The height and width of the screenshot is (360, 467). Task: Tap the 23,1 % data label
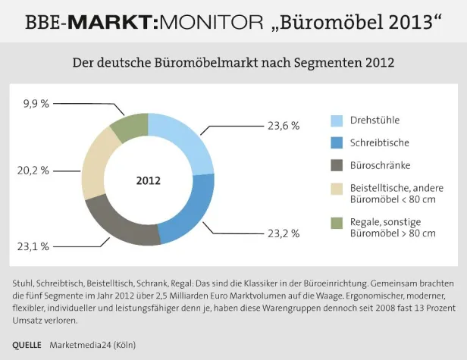point(33,246)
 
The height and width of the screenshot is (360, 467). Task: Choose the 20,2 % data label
point(33,171)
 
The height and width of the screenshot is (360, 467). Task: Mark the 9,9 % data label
point(36,102)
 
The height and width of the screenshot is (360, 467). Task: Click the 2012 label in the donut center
point(148,181)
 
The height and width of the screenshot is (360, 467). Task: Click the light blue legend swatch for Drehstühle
point(337,120)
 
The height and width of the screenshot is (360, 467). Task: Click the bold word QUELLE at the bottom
point(27,345)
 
